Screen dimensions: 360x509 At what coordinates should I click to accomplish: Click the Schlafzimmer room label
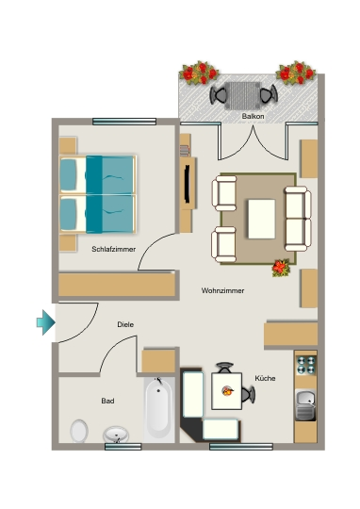[x=113, y=249]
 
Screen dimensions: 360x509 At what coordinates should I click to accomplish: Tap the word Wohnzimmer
[x=222, y=290]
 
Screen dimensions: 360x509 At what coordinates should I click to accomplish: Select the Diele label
[x=125, y=324]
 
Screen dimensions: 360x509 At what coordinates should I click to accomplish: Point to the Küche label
[x=265, y=378]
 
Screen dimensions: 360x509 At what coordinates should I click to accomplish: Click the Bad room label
[x=107, y=401]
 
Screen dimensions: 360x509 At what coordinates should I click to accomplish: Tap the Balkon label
[x=253, y=116]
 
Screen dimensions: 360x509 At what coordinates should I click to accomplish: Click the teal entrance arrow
[x=46, y=322]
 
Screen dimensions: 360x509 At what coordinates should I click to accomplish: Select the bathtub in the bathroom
[x=158, y=410]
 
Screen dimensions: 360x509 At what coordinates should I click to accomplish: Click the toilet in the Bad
[x=79, y=431]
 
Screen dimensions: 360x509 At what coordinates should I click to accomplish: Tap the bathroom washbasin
[x=116, y=435]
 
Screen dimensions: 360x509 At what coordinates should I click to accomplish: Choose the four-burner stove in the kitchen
[x=305, y=365]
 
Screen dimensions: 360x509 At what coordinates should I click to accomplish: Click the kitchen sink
[x=305, y=404]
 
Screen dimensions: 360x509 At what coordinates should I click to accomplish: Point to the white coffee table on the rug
[x=261, y=219]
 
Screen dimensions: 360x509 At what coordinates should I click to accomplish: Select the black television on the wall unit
[x=188, y=184]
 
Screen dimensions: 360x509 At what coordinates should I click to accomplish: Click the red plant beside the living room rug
[x=281, y=268]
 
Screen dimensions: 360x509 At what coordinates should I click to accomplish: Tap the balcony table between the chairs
[x=242, y=96]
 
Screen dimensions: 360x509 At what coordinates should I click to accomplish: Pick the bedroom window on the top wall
[x=124, y=122]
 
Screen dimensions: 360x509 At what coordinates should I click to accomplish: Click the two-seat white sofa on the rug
[x=298, y=219]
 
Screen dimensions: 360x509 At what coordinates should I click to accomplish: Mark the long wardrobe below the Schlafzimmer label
[x=117, y=285]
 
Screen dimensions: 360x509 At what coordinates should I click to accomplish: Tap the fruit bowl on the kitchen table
[x=228, y=390]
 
